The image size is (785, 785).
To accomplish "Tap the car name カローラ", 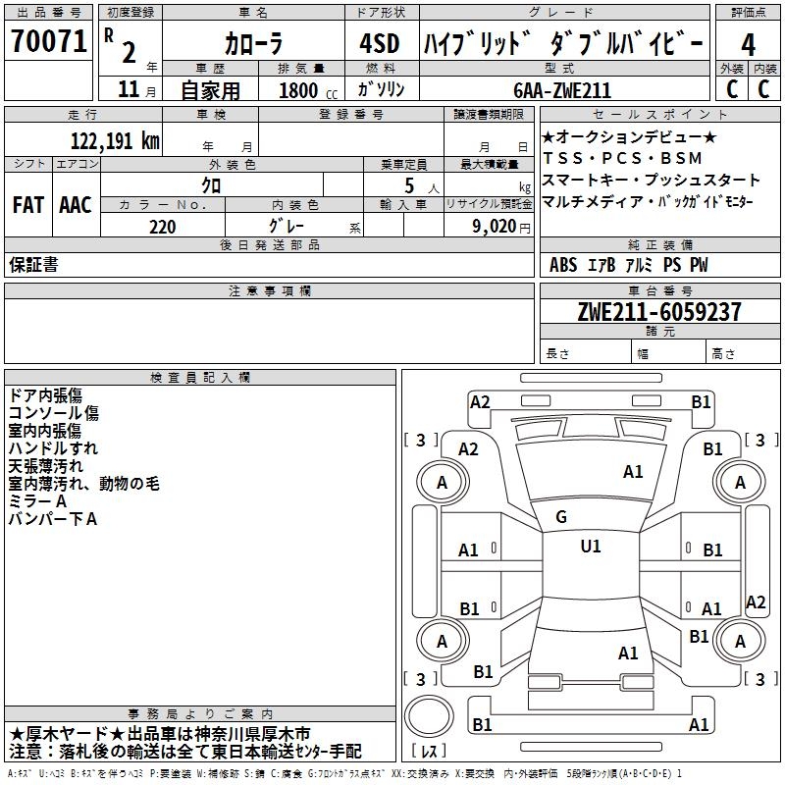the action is pos(253,43).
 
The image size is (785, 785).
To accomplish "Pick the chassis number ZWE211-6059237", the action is pos(659,312).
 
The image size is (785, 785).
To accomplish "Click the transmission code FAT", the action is pos(27,204).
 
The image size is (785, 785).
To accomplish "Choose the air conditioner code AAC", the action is pos(76,204).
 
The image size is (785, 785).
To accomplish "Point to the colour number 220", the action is pos(162,227).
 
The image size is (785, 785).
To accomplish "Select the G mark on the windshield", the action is pos(561,517).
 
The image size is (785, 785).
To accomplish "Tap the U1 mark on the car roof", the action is pos(591,546).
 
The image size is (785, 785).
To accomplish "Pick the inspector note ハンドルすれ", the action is pos(53,448).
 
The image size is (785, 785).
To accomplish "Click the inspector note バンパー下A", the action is pos(53,519).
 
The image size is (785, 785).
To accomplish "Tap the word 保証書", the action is pos(33,264).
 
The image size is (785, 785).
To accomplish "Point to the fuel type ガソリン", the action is pos(378,90).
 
